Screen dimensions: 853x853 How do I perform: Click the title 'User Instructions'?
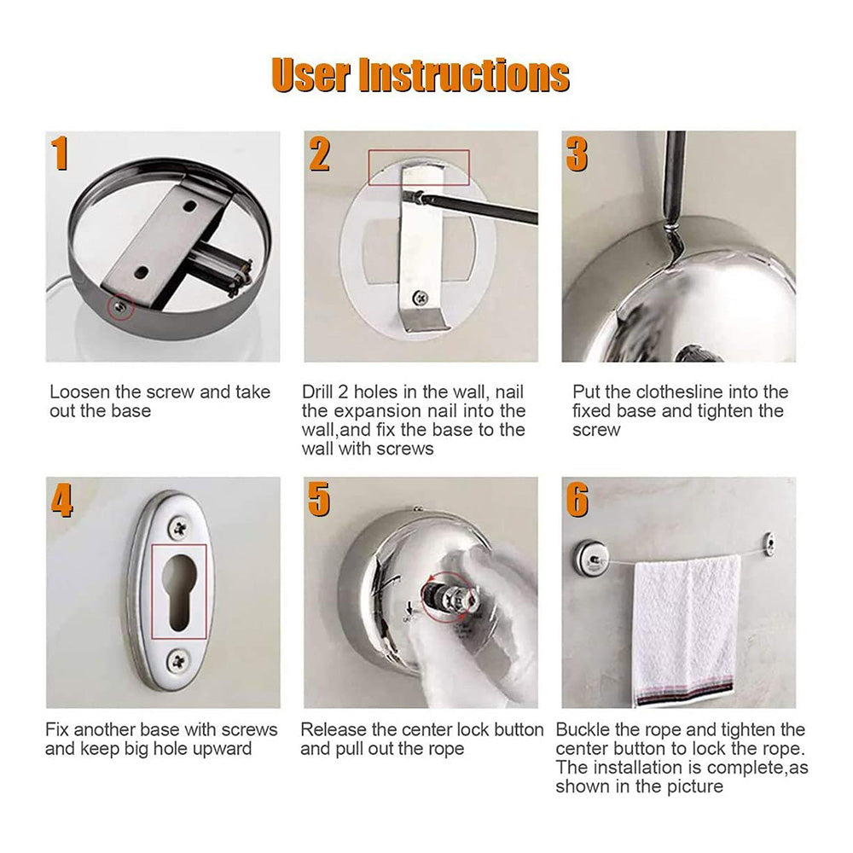coord(421,75)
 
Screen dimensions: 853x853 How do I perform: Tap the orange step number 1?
coord(60,154)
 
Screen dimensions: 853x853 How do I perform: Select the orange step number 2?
coord(319,154)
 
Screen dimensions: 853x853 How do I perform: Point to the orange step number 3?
coord(577,154)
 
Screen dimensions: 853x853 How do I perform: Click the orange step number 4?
coord(61,501)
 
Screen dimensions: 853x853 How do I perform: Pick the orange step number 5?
coord(319,501)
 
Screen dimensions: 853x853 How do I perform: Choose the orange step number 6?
coord(577,501)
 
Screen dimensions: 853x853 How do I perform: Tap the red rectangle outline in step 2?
coord(419,166)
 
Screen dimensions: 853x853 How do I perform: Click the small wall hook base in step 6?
coord(769,542)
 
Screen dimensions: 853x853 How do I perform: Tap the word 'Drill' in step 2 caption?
coord(321,392)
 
